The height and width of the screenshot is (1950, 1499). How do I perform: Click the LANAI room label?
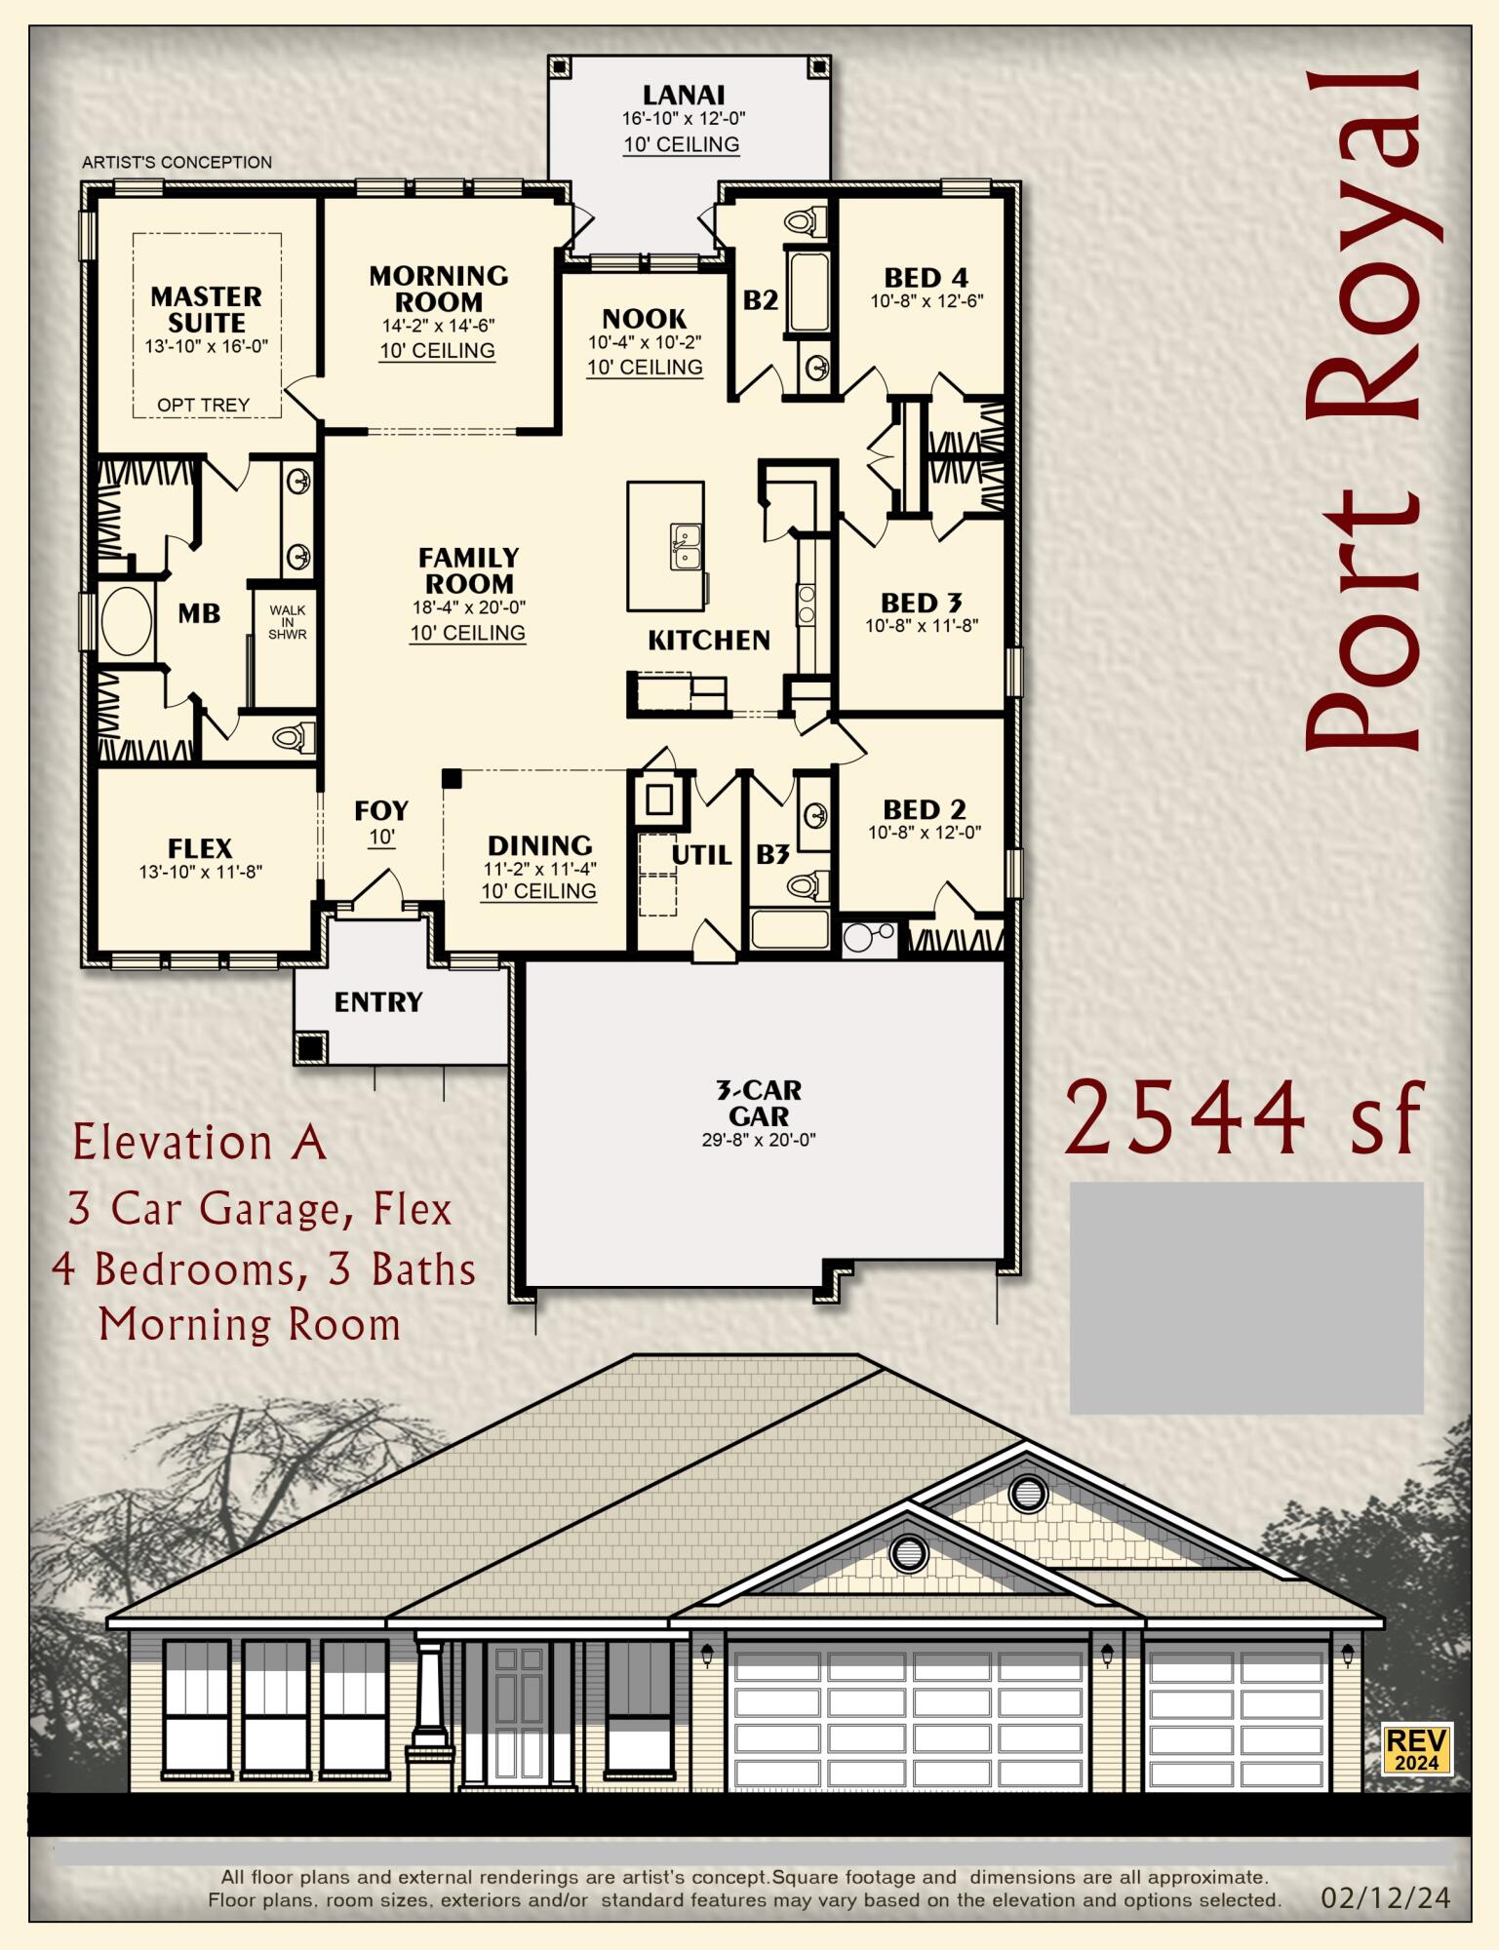coord(683,95)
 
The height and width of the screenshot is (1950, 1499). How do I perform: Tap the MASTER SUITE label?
coord(206,309)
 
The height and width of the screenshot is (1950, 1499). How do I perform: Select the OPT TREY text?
coord(203,405)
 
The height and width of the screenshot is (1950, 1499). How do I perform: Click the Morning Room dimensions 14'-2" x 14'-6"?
coord(438,326)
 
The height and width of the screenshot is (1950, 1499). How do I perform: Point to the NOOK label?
coord(644,319)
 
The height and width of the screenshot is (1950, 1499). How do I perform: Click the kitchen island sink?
coord(686,545)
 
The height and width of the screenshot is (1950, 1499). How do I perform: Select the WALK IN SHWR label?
coord(287,622)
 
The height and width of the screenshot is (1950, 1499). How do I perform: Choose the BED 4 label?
coord(926,278)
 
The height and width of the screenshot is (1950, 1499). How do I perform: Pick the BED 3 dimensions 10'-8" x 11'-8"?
coord(922,626)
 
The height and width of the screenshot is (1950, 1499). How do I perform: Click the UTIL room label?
coord(701,855)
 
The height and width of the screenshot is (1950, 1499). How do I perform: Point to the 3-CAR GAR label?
coord(759,1103)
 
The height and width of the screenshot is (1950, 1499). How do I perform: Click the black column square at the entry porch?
coord(310,1048)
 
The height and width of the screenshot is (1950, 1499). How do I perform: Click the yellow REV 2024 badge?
coord(1417,1749)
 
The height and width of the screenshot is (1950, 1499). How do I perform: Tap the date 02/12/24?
coord(1385,1897)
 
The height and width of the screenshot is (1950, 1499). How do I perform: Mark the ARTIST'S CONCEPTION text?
coord(177,162)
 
